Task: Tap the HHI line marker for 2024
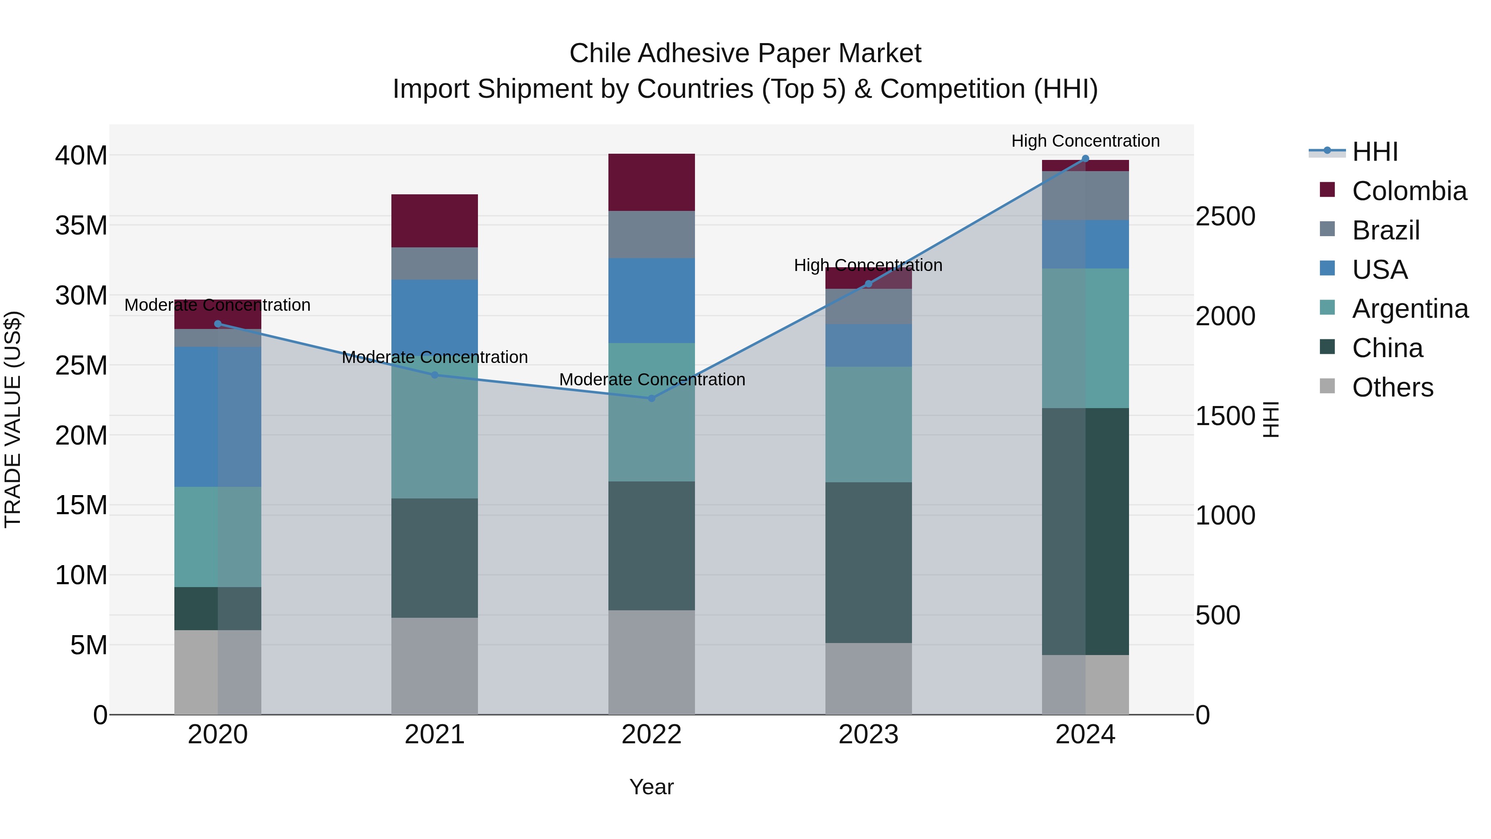[1085, 159]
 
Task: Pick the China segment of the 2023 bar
[868, 562]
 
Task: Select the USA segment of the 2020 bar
[217, 417]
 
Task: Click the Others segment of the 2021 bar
[435, 666]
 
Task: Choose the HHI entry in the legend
[1375, 152]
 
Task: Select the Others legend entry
[1392, 387]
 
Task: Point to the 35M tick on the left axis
[81, 225]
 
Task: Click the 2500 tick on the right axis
[1226, 217]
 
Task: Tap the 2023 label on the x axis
[868, 735]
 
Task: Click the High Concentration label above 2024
[1085, 141]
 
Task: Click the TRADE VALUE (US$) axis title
[13, 419]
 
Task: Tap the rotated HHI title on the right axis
[1271, 419]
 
